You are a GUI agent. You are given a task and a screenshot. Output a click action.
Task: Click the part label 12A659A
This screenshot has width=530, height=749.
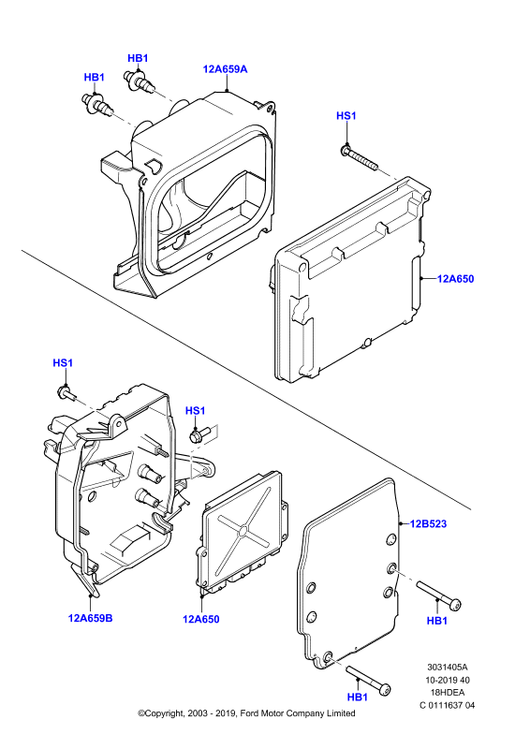coord(225,69)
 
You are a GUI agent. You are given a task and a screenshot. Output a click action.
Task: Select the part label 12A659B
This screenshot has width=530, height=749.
coord(90,618)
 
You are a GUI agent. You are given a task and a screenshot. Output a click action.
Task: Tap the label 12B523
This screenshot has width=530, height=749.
coord(428,524)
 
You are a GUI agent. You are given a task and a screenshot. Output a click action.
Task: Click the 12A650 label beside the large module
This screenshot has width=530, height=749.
coord(455,279)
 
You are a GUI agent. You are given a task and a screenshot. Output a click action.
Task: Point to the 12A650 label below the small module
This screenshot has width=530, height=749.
coord(200,620)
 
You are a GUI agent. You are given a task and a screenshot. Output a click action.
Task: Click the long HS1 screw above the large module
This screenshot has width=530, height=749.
coord(360,158)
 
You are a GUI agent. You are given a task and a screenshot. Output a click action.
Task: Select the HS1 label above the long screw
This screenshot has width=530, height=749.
coord(346,116)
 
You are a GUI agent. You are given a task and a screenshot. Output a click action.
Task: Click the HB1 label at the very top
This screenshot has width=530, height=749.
coord(138,58)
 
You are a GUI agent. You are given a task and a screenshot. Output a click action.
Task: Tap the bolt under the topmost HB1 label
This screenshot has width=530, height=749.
coord(140,82)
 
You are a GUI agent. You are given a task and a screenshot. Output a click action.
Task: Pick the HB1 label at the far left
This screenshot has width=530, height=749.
coord(95,78)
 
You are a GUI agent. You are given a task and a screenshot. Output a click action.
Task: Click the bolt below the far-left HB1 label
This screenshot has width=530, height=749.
coord(97,105)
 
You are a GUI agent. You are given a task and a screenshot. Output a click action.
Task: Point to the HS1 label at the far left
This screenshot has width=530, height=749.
coord(63,363)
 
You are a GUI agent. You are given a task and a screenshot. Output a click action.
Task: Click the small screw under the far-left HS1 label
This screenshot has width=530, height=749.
coord(66,393)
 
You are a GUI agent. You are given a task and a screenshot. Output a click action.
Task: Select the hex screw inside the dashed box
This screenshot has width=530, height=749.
coord(199,435)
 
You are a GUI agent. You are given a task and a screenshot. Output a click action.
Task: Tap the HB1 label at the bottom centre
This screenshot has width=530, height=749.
coord(358,698)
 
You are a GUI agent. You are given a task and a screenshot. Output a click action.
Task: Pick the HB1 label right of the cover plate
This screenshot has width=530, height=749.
coord(436,621)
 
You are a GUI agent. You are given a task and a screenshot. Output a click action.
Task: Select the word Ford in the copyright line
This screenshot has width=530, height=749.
coord(249,713)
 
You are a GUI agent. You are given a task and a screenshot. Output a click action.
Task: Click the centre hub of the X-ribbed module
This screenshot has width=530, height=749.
coord(243,530)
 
